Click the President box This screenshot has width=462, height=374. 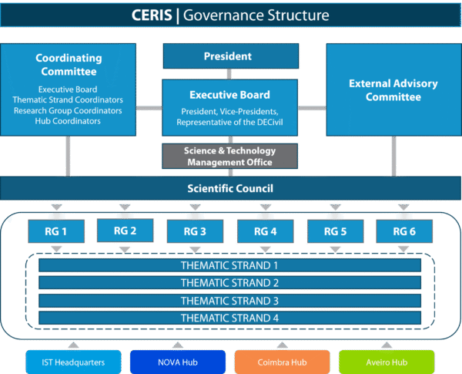(230, 56)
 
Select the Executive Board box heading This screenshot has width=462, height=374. (229, 95)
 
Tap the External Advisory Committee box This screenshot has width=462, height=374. (393, 90)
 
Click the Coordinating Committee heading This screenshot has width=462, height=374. (68, 65)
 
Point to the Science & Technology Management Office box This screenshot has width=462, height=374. (229, 156)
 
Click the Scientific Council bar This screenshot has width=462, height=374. (230, 188)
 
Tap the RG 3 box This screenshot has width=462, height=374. (196, 231)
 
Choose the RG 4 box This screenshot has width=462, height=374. (265, 231)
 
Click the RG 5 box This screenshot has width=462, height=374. (335, 231)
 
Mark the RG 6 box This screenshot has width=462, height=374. (403, 231)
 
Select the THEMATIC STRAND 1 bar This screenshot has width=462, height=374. (229, 265)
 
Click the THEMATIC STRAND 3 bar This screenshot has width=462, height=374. (229, 301)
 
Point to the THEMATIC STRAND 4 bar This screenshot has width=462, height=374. (229, 318)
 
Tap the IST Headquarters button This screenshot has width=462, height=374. (74, 362)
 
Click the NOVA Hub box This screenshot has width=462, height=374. (178, 362)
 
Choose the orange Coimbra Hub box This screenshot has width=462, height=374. (283, 362)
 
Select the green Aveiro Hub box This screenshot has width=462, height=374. (387, 362)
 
